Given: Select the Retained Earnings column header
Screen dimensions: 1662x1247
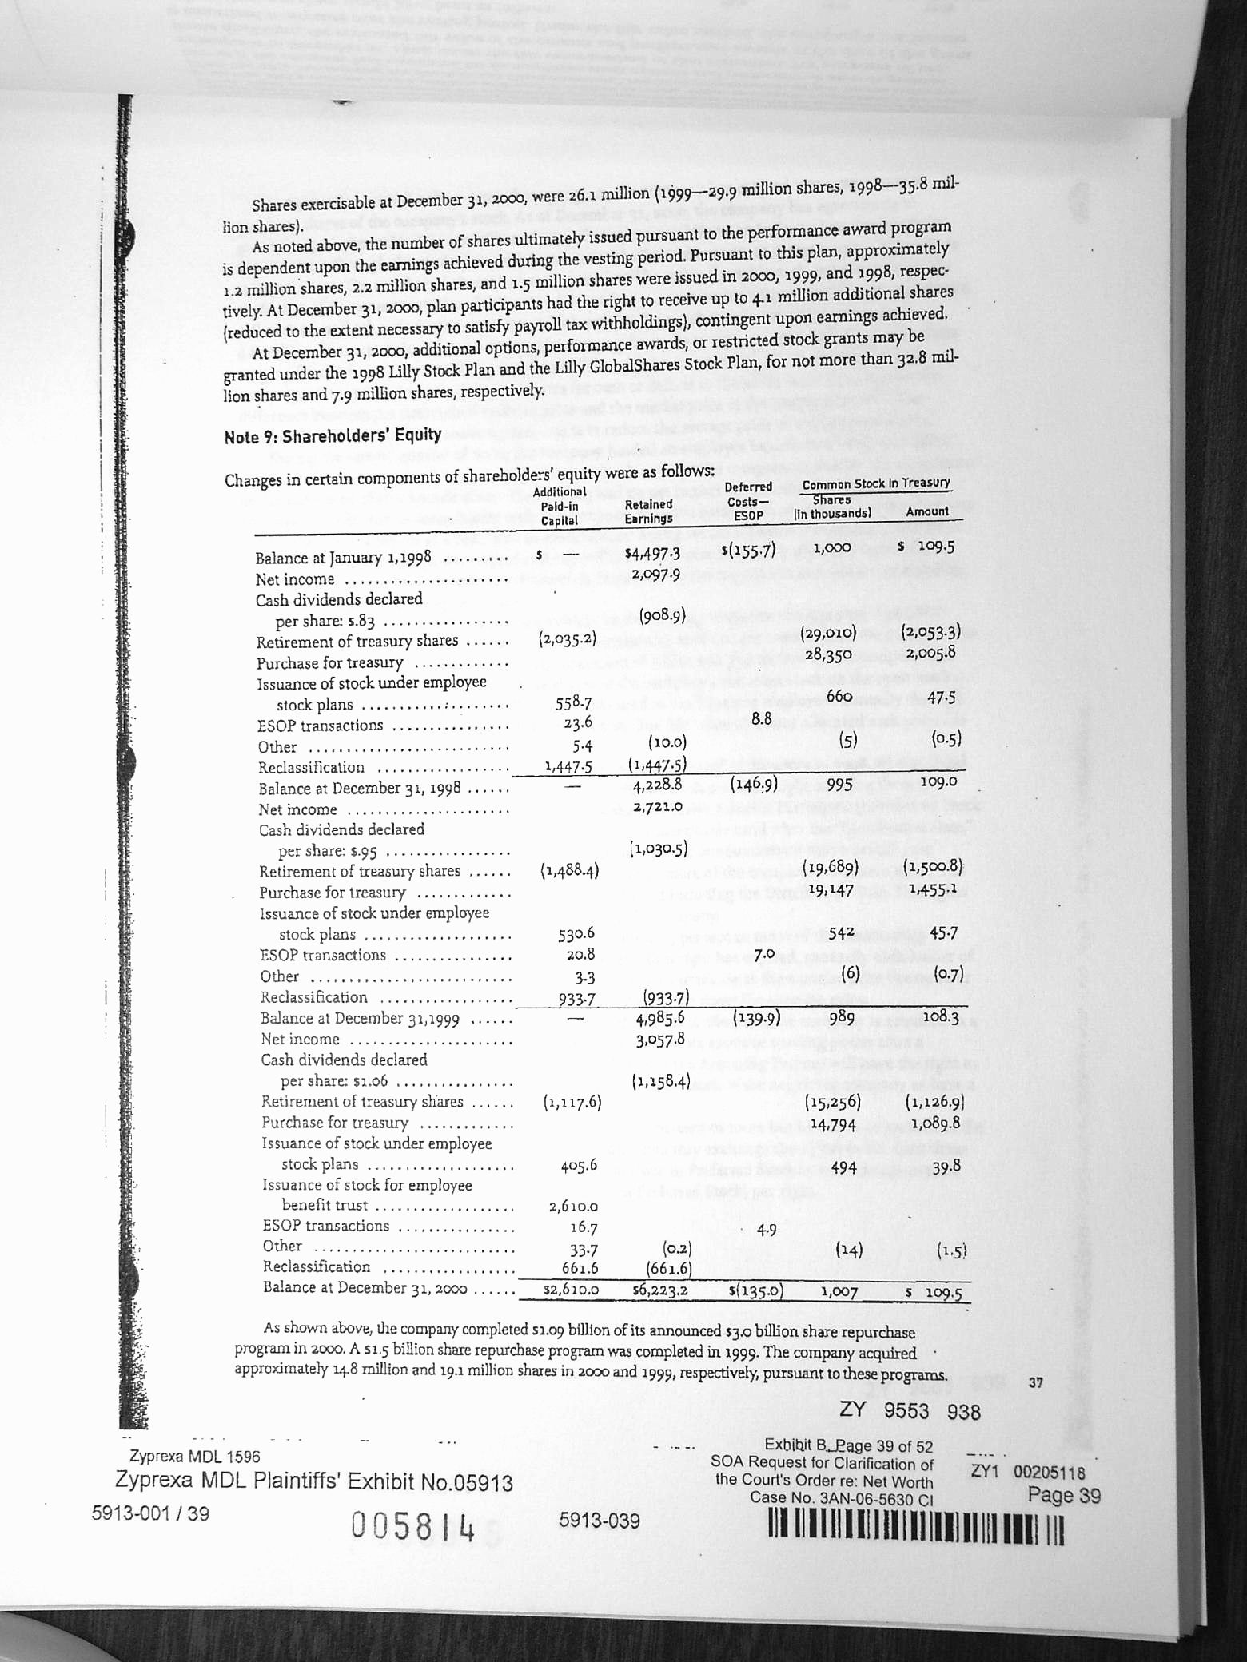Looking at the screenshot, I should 648,511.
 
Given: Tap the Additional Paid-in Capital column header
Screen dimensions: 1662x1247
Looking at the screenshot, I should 559,507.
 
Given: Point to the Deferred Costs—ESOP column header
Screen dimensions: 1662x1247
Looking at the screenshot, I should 748,501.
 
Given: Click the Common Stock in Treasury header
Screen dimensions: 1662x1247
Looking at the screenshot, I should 875,483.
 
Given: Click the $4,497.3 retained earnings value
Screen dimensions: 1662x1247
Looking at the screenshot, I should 655,555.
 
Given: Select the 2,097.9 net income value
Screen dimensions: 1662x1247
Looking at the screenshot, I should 655,575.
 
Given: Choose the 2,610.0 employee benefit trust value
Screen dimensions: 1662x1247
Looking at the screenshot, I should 571,1207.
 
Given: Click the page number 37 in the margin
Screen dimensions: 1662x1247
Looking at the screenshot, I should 1035,1382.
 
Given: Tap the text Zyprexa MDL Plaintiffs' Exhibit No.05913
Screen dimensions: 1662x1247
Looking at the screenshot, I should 314,1483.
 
